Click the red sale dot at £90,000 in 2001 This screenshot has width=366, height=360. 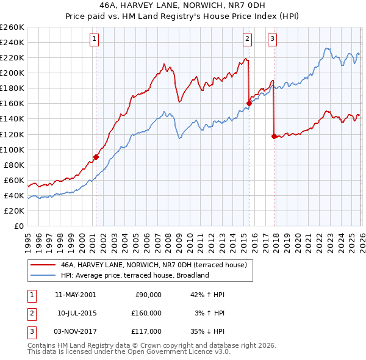[96, 157]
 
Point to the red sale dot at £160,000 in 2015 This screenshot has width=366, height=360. [249, 103]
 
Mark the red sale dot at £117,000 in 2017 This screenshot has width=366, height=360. [274, 136]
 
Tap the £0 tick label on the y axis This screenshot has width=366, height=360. [18, 226]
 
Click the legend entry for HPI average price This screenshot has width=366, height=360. [135, 275]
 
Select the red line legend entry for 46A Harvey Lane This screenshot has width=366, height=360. [153, 265]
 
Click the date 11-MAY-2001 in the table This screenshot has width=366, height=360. [75, 295]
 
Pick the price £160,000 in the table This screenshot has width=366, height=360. [147, 313]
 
